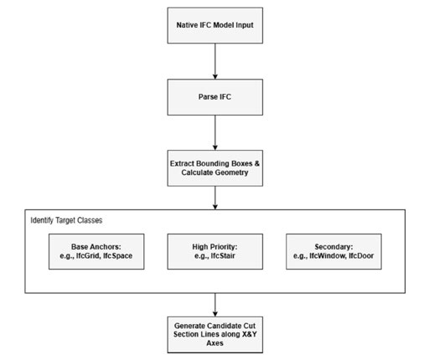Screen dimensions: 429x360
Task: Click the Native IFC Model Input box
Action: click(x=214, y=25)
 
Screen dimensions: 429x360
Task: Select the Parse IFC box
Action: click(x=214, y=97)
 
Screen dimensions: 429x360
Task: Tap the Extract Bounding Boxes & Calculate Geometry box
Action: click(x=214, y=168)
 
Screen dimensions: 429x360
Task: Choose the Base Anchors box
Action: click(x=96, y=251)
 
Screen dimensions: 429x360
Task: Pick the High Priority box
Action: click(x=214, y=251)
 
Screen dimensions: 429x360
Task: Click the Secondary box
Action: click(x=333, y=251)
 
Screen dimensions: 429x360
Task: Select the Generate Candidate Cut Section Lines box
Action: click(x=214, y=335)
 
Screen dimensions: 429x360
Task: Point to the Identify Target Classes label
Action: click(x=66, y=220)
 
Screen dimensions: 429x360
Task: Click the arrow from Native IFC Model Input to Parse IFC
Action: click(x=215, y=61)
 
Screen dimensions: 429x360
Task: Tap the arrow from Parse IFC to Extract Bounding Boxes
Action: click(x=215, y=132)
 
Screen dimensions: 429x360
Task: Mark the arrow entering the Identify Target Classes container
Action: click(x=215, y=198)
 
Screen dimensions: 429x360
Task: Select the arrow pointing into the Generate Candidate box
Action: click(x=215, y=305)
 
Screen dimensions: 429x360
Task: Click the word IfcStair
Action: click(x=223, y=256)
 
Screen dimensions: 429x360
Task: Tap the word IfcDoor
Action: click(x=361, y=256)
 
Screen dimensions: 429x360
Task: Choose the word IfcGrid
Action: click(x=88, y=256)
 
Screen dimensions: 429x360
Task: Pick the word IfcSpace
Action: click(x=117, y=256)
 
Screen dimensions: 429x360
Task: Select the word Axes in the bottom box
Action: click(x=214, y=343)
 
